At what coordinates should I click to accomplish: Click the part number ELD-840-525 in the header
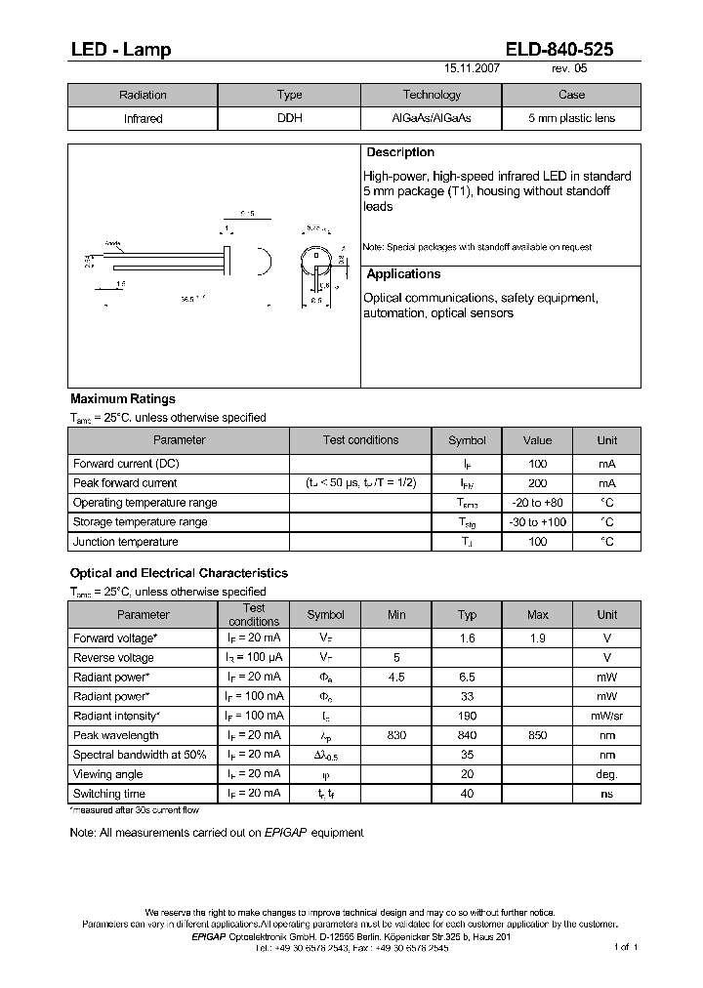coord(559,50)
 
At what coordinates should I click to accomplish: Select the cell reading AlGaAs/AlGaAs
coord(431,118)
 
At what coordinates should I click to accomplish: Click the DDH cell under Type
coord(289,118)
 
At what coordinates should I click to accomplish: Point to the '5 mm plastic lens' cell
coord(571,118)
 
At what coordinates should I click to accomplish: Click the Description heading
coord(400,153)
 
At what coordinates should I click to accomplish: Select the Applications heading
coord(403,274)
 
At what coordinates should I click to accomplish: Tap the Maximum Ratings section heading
coord(123,398)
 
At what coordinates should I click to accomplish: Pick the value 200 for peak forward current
coord(537,483)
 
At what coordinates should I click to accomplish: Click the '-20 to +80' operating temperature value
coord(537,503)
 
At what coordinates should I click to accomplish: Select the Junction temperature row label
coord(126,542)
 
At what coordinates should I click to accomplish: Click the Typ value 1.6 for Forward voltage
coord(467,638)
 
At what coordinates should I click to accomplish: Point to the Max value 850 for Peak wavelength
coord(537,735)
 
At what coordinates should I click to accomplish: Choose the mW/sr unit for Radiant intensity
coord(606,716)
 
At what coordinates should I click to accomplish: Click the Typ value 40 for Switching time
coord(467,794)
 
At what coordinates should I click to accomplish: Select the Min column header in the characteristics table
coord(396,615)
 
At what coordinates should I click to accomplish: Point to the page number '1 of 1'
coord(626,947)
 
